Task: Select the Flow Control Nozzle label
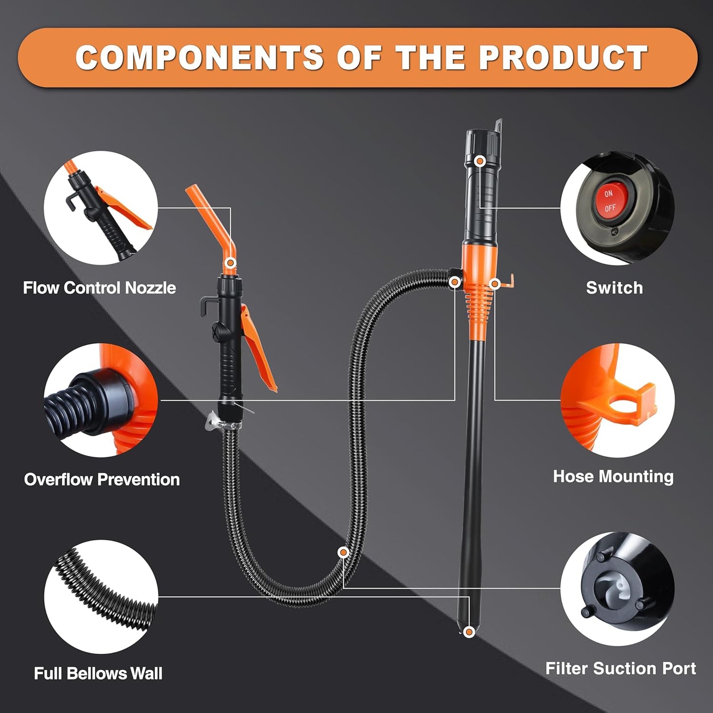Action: [x=99, y=288]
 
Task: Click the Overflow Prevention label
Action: [x=102, y=479]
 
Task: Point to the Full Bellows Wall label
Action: [x=98, y=673]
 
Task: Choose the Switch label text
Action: [x=614, y=288]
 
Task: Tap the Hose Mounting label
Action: [x=613, y=476]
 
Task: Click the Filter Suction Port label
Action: [x=620, y=668]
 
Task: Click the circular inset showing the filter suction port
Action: [x=617, y=589]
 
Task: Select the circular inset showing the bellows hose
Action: [x=101, y=597]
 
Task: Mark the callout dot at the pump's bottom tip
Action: [x=469, y=631]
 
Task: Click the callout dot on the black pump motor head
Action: [x=479, y=161]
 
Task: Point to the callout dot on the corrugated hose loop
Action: [x=343, y=552]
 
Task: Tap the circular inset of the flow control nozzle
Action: [x=101, y=208]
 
